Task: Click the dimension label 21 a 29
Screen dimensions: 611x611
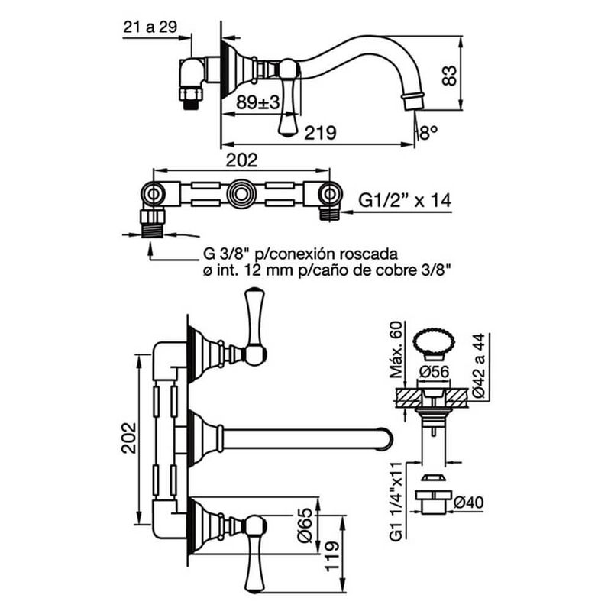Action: (x=150, y=27)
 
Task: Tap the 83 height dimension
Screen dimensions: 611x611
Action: (x=449, y=76)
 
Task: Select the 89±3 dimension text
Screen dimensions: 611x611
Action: (x=258, y=103)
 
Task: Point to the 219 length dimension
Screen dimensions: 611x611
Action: (x=320, y=132)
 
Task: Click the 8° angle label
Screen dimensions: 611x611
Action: (x=428, y=133)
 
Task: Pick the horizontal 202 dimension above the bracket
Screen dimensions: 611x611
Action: (x=242, y=160)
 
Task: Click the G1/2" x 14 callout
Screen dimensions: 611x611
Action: (x=405, y=200)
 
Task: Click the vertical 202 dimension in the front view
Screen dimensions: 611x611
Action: (x=129, y=438)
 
